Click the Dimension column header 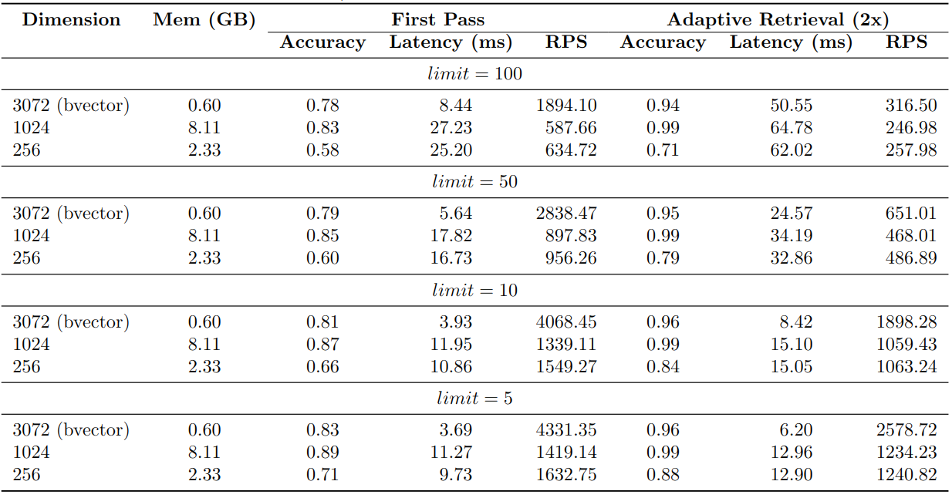(71, 20)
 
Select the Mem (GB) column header (204, 21)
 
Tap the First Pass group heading (437, 20)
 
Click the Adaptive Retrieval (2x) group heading (778, 20)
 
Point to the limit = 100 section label (474, 74)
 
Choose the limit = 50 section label (474, 182)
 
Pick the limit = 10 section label (474, 291)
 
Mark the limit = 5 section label (474, 399)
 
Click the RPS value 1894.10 (566, 106)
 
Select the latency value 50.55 (791, 106)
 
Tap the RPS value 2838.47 (566, 214)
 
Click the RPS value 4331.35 (566, 430)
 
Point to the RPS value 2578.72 (906, 430)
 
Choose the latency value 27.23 (451, 128)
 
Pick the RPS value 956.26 (570, 258)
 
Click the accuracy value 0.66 (322, 367)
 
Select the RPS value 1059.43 (906, 345)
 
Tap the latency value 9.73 (455, 475)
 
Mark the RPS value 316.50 (910, 106)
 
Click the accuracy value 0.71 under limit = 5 (322, 475)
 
